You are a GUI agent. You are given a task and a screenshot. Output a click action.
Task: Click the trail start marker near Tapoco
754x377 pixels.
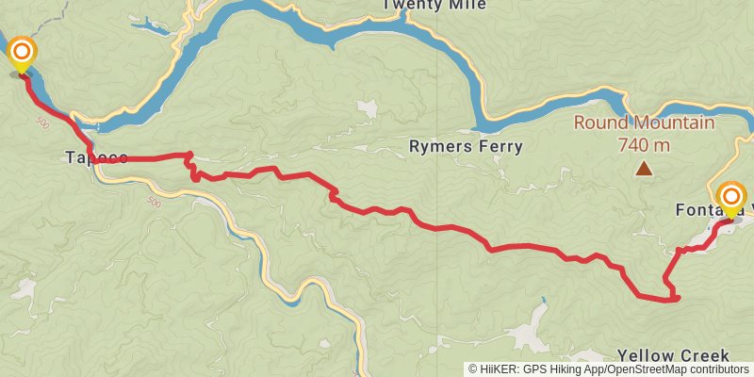click(x=21, y=53)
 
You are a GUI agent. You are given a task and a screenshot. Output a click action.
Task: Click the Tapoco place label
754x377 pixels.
click(x=96, y=156)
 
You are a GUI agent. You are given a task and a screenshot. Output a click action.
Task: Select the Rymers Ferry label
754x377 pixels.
click(x=466, y=146)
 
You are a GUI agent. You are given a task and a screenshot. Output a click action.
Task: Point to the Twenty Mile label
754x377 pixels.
click(x=434, y=5)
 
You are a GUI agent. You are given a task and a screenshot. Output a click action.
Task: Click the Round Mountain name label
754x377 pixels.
click(x=645, y=123)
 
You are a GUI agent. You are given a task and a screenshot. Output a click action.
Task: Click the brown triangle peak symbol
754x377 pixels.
click(x=644, y=170)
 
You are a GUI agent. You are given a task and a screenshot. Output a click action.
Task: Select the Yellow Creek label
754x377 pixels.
click(x=673, y=355)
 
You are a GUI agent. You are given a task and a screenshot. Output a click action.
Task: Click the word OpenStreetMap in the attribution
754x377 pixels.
click(x=650, y=369)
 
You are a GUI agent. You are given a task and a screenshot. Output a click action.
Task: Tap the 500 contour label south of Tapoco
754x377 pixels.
click(x=154, y=201)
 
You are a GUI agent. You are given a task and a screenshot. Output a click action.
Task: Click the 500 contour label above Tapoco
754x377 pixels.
click(x=42, y=123)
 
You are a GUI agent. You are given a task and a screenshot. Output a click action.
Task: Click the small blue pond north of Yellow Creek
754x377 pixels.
click(x=544, y=302)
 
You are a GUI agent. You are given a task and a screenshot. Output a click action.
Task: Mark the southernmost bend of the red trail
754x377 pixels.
click(x=671, y=301)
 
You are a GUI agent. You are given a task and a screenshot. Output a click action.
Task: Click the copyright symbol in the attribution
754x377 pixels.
click(x=474, y=369)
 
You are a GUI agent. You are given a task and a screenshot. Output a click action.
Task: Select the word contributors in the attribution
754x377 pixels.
click(x=721, y=369)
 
